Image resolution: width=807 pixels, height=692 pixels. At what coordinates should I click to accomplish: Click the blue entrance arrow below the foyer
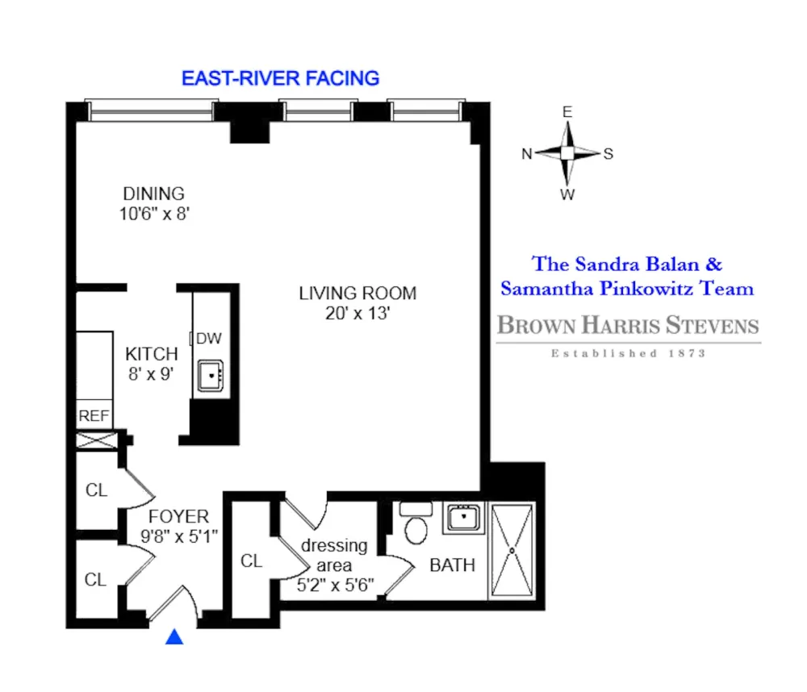[x=174, y=636]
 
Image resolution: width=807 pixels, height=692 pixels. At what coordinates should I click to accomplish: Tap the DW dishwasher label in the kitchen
[x=209, y=338]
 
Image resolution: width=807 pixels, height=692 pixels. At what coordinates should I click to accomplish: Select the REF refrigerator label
[x=94, y=415]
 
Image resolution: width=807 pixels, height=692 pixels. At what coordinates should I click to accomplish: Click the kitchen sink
[x=211, y=376]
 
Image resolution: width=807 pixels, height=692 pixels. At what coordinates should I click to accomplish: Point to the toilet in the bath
[x=416, y=523]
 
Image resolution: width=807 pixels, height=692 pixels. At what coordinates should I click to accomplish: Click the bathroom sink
[x=464, y=517]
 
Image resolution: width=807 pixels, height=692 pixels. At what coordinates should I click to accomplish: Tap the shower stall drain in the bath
[x=512, y=551]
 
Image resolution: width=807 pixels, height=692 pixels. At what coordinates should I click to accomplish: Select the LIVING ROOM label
[x=358, y=294]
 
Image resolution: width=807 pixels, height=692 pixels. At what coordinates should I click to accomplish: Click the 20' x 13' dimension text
[x=358, y=313]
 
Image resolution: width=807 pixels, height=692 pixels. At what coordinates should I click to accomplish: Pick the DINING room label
[x=154, y=194]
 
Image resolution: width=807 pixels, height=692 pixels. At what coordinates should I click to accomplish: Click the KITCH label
[x=152, y=354]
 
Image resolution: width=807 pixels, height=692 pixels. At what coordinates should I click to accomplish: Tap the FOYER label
[x=178, y=516]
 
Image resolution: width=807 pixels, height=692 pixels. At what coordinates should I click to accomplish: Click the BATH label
[x=453, y=565]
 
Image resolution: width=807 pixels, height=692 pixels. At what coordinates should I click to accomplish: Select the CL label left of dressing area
[x=251, y=561]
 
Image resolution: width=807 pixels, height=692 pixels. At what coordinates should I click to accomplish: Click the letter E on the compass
[x=567, y=112]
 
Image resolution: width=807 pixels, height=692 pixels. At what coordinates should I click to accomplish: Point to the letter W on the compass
[x=567, y=194]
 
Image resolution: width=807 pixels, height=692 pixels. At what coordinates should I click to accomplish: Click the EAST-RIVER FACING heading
[x=281, y=78]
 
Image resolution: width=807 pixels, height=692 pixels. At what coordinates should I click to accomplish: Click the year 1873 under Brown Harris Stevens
[x=687, y=353]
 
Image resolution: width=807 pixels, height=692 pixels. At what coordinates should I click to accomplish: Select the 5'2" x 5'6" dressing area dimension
[x=335, y=585]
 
